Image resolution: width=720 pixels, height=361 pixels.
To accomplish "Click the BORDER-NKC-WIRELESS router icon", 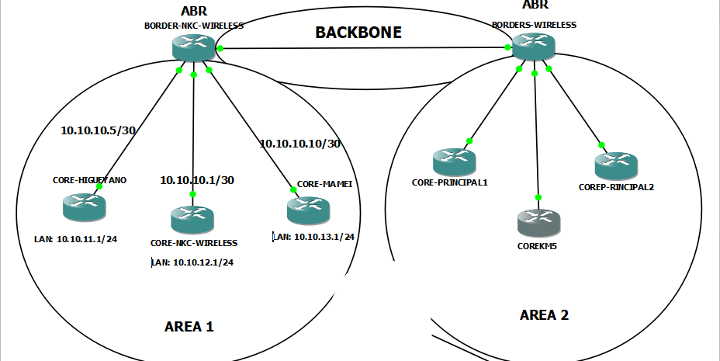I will [193, 48].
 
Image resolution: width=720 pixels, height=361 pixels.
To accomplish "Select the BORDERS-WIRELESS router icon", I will [534, 47].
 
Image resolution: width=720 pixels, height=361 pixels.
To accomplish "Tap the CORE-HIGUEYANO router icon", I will [84, 206].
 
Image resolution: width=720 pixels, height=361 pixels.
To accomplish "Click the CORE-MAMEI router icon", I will [307, 210].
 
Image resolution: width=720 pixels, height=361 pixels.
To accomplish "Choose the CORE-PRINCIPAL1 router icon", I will [454, 162].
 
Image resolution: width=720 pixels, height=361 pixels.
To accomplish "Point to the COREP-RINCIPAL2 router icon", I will [616, 165].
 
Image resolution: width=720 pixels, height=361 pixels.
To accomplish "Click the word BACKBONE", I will [358, 33].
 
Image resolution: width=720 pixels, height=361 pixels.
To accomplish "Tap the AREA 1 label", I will [189, 327].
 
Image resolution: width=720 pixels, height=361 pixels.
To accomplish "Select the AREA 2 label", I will [544, 314].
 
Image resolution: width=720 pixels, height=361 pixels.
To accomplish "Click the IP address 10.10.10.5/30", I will [99, 130].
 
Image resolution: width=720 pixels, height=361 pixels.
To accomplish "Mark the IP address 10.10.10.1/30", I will [197, 179].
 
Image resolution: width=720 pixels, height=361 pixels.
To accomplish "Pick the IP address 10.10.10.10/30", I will [299, 144].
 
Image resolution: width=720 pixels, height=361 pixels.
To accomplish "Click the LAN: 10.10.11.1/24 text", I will [75, 240].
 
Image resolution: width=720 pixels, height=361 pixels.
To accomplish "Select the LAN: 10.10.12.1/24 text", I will [192, 262].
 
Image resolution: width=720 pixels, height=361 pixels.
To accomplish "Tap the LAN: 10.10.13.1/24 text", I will [313, 236].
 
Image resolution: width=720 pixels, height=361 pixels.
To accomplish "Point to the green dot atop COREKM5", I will [538, 197].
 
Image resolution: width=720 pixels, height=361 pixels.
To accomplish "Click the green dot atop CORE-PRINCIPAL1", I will [469, 141].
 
